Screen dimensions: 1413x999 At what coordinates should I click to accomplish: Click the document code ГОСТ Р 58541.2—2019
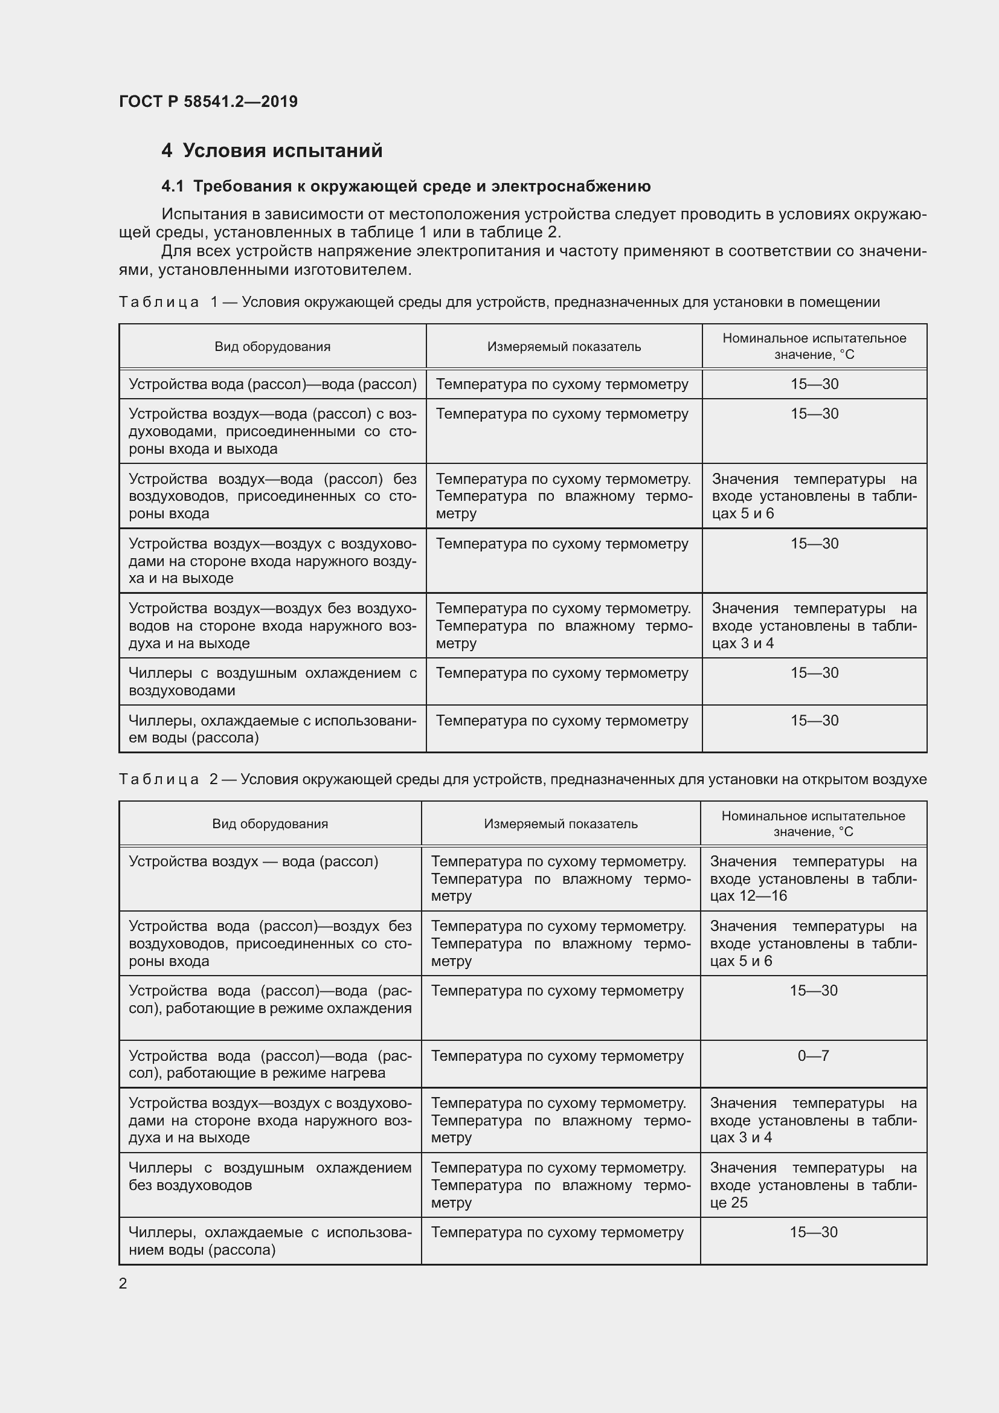click(208, 101)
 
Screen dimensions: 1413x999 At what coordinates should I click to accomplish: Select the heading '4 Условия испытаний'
click(271, 151)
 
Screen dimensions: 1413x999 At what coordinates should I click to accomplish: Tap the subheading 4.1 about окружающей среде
click(405, 186)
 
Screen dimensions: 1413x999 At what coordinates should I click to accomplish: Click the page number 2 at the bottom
click(123, 1283)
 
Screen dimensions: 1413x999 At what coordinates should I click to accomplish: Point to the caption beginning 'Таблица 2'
click(522, 779)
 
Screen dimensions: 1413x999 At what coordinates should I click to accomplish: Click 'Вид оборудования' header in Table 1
click(272, 347)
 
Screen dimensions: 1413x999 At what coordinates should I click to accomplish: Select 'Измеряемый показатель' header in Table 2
click(561, 823)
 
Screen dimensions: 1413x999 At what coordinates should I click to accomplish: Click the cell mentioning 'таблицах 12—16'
click(812, 878)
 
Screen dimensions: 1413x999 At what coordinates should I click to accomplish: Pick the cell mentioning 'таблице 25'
click(812, 1185)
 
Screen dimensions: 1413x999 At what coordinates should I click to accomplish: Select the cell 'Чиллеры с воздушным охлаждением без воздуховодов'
click(269, 1176)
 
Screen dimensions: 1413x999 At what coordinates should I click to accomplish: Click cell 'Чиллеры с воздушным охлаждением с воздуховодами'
click(272, 681)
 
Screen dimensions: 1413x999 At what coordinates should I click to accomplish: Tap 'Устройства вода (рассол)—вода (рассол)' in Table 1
click(272, 384)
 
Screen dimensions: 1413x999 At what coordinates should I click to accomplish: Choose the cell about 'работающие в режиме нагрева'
click(269, 1064)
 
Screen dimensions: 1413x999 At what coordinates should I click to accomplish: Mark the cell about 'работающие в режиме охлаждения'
click(269, 999)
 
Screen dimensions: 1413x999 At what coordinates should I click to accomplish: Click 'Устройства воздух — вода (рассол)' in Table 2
click(254, 861)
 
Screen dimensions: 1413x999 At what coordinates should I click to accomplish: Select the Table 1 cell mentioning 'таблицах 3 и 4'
click(814, 625)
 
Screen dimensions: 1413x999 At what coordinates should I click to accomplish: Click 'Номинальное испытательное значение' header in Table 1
click(814, 346)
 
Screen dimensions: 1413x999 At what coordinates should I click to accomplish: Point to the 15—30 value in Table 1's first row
click(814, 384)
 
